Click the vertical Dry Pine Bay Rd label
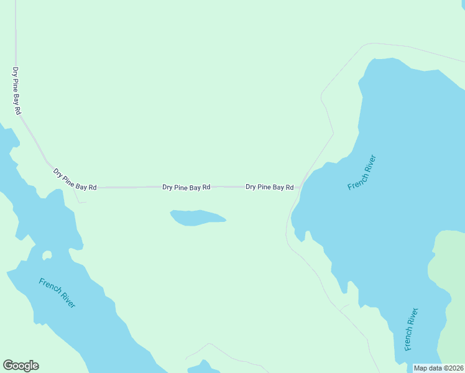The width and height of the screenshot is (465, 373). (17, 90)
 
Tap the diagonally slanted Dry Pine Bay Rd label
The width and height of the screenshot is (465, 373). (75, 179)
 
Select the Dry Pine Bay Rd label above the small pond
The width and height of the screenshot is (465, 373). (186, 186)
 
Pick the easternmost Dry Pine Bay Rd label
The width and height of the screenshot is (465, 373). (269, 186)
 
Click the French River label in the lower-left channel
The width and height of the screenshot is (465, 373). (57, 293)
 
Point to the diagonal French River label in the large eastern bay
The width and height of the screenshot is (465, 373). (362, 172)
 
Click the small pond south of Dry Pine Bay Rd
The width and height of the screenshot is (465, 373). (196, 218)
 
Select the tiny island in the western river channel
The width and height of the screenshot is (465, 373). (47, 256)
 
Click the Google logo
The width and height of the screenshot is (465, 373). (21, 366)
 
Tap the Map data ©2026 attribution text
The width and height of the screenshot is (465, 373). (438, 368)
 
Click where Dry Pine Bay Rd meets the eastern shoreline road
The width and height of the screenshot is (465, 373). (300, 186)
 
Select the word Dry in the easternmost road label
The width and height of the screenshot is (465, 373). (251, 186)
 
